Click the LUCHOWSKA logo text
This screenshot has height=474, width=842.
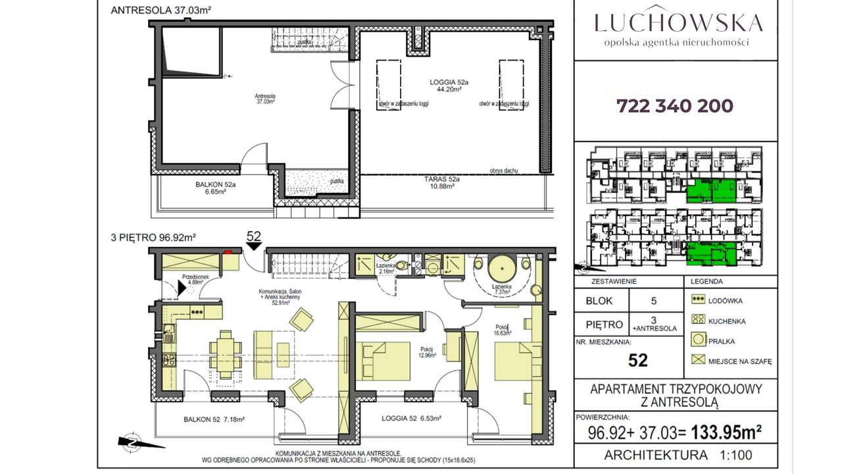678,22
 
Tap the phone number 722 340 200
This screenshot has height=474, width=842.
675,106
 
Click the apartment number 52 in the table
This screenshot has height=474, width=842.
637,360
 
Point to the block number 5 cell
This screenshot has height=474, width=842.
654,301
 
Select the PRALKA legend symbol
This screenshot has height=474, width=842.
699,341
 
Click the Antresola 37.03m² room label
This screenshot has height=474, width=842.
265,99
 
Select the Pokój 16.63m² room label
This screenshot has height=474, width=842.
503,330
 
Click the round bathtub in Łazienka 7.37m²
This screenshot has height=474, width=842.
503,269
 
